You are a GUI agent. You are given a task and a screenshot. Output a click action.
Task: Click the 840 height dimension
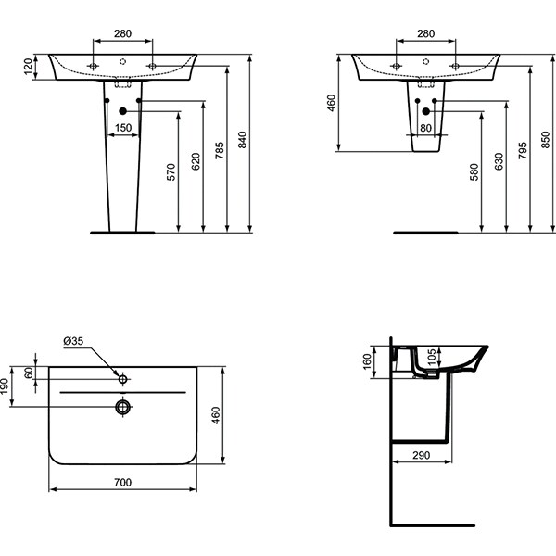(244, 140)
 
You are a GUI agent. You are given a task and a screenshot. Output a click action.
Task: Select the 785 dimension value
(220, 150)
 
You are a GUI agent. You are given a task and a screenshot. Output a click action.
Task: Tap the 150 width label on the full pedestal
(123, 128)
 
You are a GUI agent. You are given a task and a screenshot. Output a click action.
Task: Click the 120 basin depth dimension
(28, 66)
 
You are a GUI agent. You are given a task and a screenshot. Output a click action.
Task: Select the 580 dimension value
(474, 173)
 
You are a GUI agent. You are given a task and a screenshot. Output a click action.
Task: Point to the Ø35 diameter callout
(73, 341)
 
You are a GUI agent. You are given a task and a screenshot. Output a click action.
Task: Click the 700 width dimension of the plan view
(122, 483)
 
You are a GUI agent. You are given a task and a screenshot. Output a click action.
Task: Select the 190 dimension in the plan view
(6, 385)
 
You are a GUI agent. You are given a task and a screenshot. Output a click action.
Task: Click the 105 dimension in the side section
(405, 360)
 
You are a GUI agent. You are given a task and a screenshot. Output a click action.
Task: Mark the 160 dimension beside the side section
(368, 360)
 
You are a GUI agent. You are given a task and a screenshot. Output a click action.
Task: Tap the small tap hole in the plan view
(122, 378)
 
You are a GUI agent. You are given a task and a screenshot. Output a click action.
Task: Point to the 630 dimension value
(499, 164)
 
